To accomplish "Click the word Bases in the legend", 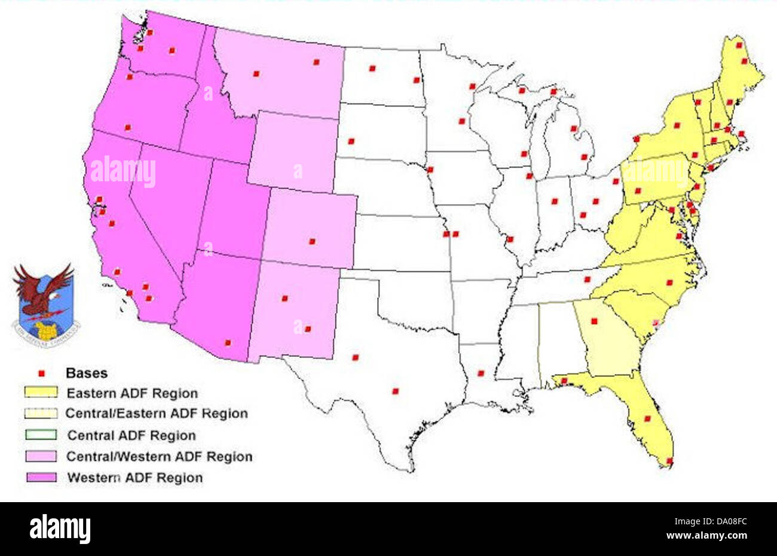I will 87,373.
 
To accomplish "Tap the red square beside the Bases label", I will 41,373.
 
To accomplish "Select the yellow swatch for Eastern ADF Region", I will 41,393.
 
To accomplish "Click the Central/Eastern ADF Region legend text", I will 156,413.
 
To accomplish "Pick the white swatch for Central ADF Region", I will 41,435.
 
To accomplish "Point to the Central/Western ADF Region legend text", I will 159,457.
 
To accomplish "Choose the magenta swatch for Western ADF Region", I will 41,477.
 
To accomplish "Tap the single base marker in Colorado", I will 311,241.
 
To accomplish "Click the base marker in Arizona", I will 227,343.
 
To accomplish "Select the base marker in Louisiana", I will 481,373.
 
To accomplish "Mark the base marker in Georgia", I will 594,321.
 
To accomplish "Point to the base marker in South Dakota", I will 351,141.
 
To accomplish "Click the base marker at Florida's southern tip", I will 669,460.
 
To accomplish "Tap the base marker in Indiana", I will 554,201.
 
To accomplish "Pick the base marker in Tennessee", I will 587,279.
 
